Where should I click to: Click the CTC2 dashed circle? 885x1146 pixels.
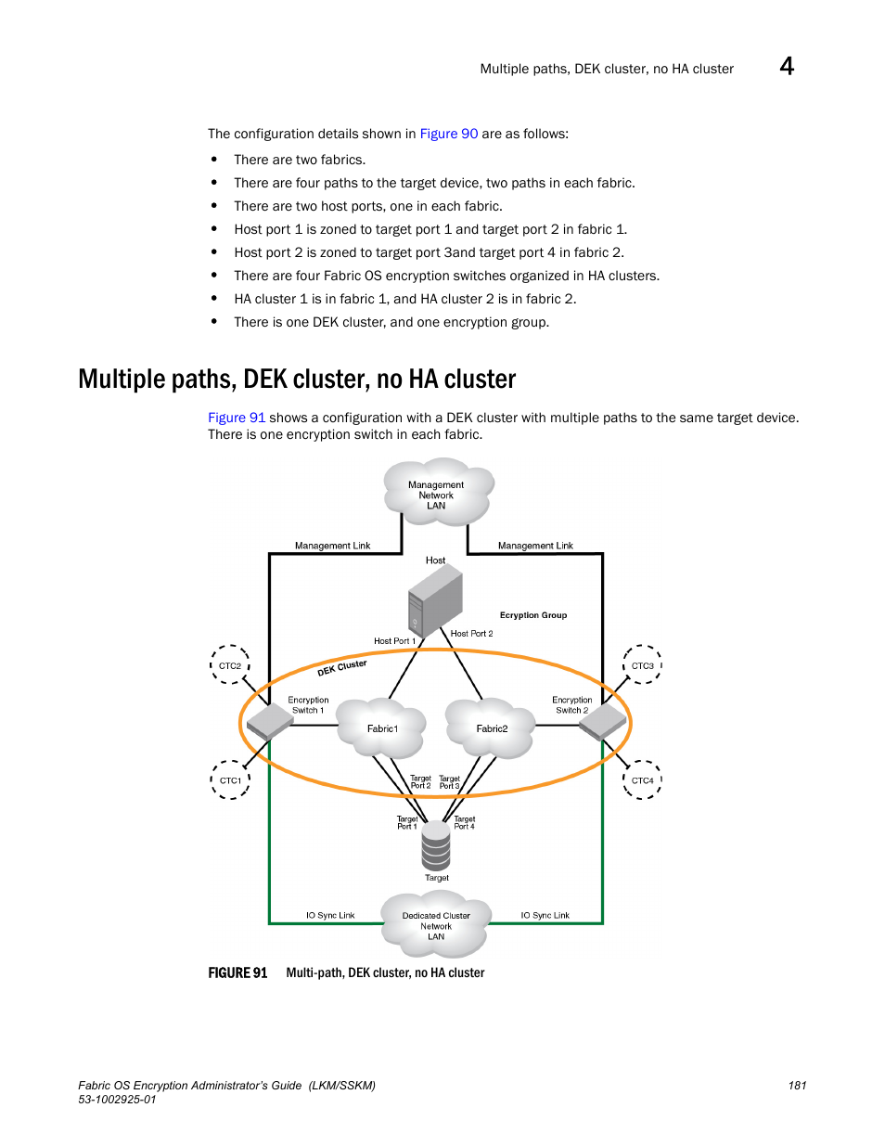(x=211, y=665)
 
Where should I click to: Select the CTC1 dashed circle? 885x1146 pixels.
(x=211, y=780)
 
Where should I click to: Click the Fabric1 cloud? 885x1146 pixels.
(x=380, y=728)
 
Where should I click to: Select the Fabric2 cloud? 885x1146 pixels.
(x=490, y=728)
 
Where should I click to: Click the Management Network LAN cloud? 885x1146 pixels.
(x=438, y=492)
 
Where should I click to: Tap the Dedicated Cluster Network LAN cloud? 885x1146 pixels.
(x=435, y=924)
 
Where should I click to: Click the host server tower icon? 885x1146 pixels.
(x=435, y=601)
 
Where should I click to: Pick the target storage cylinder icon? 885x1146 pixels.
(x=436, y=845)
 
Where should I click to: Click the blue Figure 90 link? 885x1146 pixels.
(x=449, y=134)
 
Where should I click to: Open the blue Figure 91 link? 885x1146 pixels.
(x=237, y=418)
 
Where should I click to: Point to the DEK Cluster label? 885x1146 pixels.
(x=341, y=668)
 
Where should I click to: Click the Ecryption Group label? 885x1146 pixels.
(x=532, y=615)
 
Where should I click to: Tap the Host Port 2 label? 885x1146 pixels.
(x=471, y=634)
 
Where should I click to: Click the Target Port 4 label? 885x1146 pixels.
(x=465, y=823)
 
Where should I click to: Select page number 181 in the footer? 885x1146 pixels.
(x=797, y=1086)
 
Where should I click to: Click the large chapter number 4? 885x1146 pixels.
(x=787, y=67)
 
